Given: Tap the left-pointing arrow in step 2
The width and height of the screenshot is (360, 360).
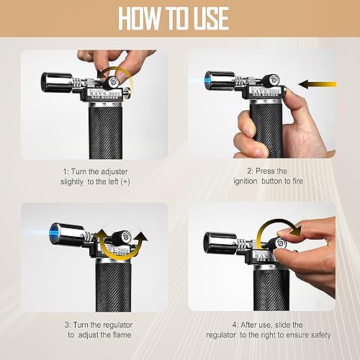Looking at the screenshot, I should (315, 84).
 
